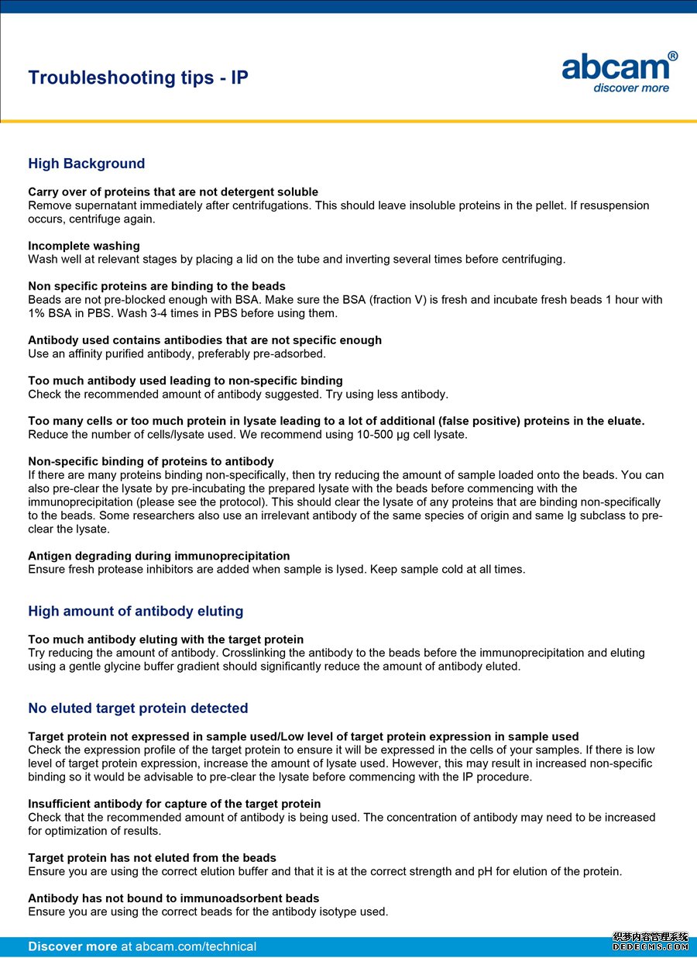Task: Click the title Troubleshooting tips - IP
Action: point(138,78)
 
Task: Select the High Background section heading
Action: point(87,164)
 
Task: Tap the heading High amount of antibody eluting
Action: point(136,611)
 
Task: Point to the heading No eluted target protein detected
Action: point(138,708)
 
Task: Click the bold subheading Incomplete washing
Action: point(84,246)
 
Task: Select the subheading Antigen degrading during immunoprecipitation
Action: point(159,556)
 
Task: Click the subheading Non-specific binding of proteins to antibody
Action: point(150,461)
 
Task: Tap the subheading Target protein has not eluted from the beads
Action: point(152,858)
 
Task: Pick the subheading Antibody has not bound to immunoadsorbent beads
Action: point(173,898)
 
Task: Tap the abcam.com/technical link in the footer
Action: point(188,946)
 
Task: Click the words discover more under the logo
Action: point(630,88)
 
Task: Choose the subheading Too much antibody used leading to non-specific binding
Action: point(185,381)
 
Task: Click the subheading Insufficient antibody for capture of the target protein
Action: point(174,804)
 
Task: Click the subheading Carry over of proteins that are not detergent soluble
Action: point(173,191)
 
